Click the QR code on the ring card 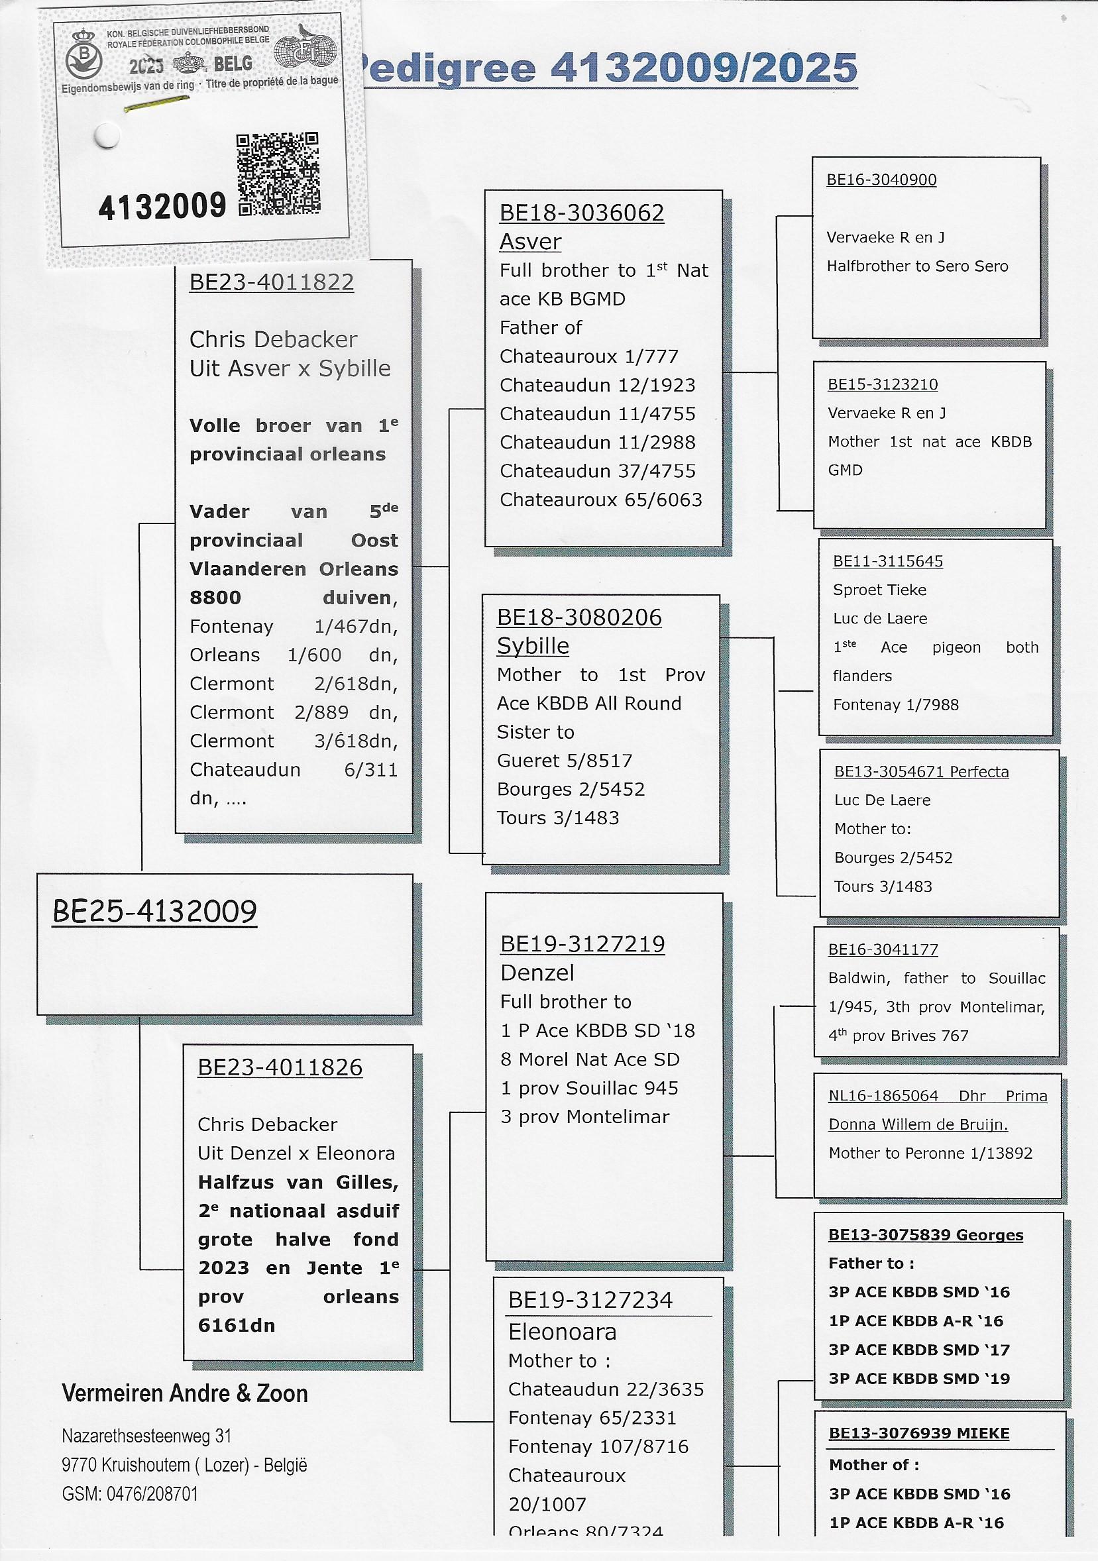click(x=278, y=174)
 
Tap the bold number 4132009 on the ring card click(x=162, y=206)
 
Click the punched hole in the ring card click(x=106, y=136)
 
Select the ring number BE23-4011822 click(x=271, y=282)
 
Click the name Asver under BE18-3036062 click(x=530, y=242)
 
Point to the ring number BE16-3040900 click(x=881, y=180)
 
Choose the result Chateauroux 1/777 click(x=589, y=356)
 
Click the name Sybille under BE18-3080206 click(x=532, y=646)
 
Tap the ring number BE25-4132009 click(x=155, y=912)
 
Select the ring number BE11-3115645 click(x=887, y=561)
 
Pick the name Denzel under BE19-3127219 click(x=537, y=973)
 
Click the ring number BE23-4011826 click(x=280, y=1067)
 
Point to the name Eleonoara click(x=563, y=1331)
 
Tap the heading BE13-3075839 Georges click(x=925, y=1234)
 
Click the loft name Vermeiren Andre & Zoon click(x=185, y=1394)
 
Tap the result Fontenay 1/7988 click(x=895, y=704)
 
